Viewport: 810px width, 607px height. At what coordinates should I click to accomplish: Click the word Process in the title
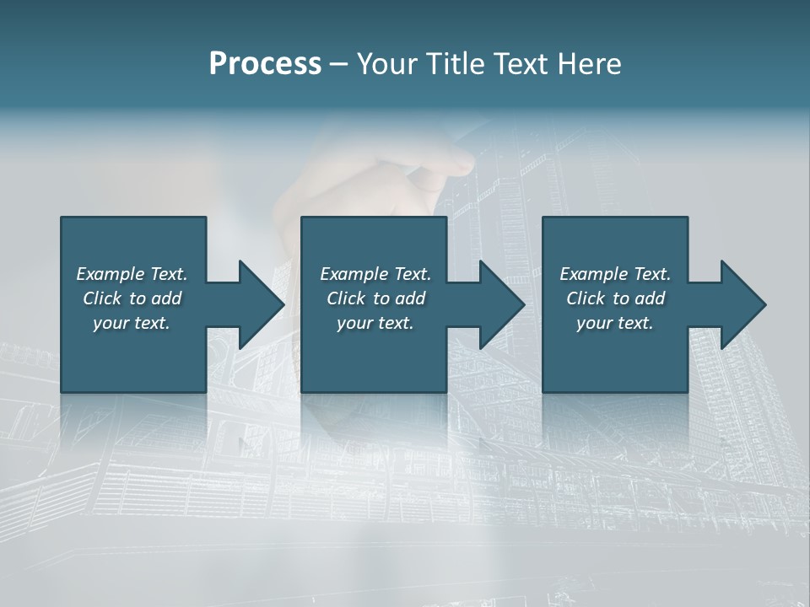265,63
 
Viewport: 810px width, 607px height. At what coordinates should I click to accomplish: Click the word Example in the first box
111,274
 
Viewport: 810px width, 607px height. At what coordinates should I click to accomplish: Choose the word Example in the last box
594,274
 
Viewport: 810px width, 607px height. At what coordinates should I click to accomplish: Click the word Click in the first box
102,298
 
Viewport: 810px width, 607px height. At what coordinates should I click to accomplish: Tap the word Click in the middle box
346,298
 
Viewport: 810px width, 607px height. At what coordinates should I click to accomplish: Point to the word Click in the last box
586,298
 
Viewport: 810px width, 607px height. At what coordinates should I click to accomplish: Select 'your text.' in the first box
132,323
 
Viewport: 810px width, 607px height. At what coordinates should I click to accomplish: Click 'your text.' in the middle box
375,323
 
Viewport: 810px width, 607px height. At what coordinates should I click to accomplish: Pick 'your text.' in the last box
615,323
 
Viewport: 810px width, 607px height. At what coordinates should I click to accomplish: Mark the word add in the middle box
410,298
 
